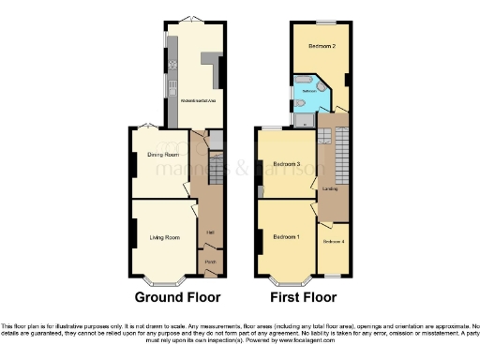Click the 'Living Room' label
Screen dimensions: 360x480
(x=164, y=238)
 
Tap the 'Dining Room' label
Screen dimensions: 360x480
(x=161, y=145)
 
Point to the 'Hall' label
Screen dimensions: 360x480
(x=211, y=232)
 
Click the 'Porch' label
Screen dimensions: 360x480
(x=211, y=262)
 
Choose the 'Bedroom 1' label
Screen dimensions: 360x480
(x=287, y=237)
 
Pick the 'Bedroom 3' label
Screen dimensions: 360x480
(x=287, y=163)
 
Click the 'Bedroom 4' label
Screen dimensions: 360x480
(x=334, y=242)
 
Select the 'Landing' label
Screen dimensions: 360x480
(x=330, y=189)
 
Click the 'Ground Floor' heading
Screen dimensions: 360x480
(x=178, y=298)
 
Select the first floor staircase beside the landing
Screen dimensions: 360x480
(x=341, y=155)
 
